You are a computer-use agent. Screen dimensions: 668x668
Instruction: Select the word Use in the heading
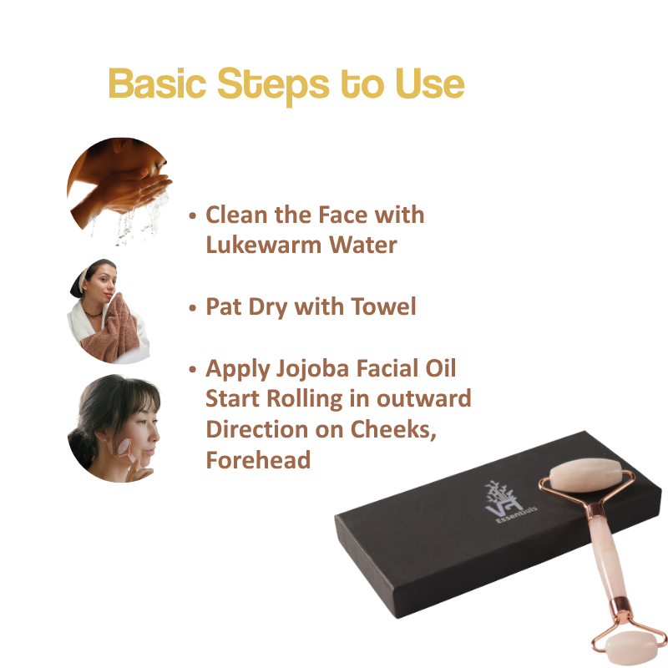point(430,83)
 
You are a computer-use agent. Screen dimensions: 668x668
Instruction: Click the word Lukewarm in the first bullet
point(263,245)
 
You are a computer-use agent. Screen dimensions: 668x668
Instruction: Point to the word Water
point(363,245)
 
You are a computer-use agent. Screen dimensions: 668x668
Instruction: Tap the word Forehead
point(258,460)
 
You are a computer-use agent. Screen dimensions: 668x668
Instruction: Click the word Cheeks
point(393,430)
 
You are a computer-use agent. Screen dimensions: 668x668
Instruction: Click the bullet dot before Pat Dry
point(193,307)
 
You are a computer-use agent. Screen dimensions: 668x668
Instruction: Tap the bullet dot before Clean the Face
point(193,215)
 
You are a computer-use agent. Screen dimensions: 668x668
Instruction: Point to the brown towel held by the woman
point(112,327)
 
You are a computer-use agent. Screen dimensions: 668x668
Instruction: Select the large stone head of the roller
point(584,475)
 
